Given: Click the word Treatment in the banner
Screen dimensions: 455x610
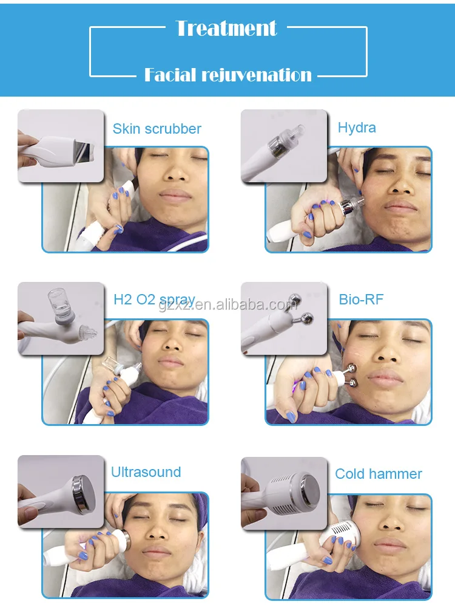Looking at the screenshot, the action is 226,28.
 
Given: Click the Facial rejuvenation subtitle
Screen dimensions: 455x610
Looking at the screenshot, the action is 227,75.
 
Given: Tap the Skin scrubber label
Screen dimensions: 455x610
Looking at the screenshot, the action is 157,129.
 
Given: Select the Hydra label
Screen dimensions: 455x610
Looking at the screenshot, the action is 357,128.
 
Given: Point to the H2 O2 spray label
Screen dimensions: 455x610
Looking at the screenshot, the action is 154,300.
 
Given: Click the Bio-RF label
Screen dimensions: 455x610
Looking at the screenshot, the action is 361,299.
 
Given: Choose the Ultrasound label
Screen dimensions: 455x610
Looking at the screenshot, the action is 146,472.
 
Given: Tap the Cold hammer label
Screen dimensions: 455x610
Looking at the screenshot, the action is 379,474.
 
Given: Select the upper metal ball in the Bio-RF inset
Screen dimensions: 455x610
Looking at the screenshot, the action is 294,301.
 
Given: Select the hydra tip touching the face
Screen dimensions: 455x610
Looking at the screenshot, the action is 359,202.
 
